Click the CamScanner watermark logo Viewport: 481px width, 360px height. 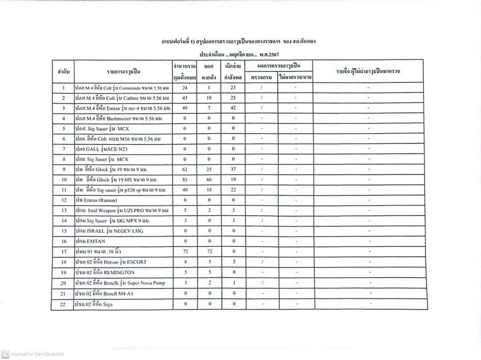[5, 354]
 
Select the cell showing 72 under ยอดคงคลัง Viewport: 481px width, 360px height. [209, 252]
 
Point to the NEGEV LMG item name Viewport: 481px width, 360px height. [109, 231]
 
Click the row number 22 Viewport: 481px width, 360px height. [63, 304]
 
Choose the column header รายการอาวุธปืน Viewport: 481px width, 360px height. [124, 72]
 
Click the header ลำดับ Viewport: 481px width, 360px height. [63, 72]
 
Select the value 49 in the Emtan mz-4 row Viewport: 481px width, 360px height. [185, 108]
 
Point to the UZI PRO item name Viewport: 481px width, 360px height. [123, 210]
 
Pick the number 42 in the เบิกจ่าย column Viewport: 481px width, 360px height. [233, 108]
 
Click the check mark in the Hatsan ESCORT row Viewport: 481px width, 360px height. [262, 262]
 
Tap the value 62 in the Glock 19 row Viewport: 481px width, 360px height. [185, 169]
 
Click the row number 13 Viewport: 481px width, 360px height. [63, 210]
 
